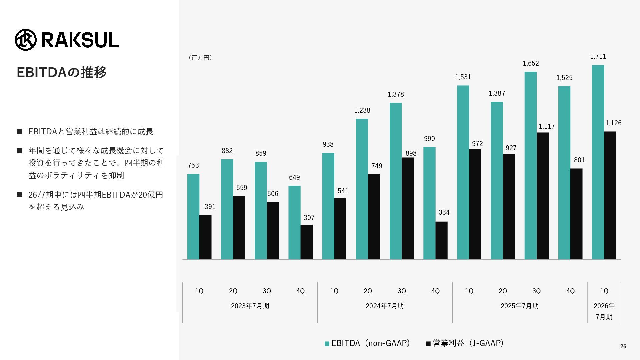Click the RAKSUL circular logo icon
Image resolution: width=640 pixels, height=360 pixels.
[x=26, y=40]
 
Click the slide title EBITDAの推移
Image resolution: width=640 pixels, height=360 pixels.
[x=62, y=72]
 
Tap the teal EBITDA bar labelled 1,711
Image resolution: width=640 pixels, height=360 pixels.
[x=598, y=162]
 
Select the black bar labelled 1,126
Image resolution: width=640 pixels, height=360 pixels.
[x=610, y=195]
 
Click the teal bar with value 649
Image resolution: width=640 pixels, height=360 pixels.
[x=294, y=222]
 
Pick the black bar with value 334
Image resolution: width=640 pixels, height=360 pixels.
[x=441, y=240]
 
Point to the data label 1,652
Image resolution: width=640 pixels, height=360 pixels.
[x=531, y=63]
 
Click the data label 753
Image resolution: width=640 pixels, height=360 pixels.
[x=193, y=165]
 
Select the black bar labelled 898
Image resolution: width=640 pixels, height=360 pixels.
[x=408, y=208]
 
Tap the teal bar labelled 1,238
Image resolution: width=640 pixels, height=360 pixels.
[x=362, y=189]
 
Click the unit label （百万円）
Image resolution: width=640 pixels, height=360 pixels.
[x=200, y=58]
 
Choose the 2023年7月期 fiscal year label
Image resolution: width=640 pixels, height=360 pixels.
[x=250, y=306]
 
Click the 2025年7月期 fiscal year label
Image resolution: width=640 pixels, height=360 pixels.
[x=520, y=306]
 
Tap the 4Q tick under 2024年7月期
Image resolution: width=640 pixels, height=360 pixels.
[x=435, y=291]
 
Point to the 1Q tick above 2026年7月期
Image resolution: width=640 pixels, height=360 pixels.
[x=604, y=291]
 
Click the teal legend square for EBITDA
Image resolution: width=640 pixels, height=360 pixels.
[x=327, y=344]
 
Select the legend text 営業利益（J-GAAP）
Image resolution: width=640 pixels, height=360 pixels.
[x=468, y=343]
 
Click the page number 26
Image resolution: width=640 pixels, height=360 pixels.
[x=623, y=347]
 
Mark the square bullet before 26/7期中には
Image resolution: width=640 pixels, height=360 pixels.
[x=19, y=195]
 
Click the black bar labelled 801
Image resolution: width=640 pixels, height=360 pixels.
[x=576, y=214]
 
